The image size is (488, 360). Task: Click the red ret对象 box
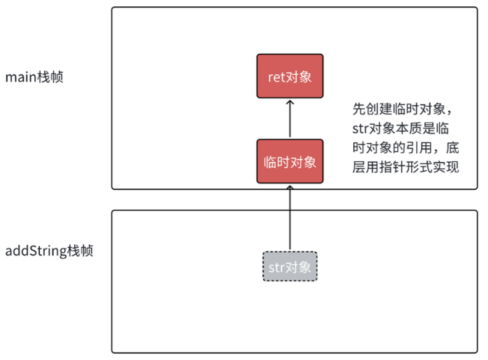(290, 76)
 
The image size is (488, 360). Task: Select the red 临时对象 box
(290, 162)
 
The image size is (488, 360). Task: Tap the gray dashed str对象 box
(290, 267)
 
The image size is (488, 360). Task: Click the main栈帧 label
(34, 77)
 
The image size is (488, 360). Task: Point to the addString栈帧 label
(49, 250)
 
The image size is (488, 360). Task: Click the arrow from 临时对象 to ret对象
(290, 120)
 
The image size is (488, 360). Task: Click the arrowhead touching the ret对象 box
(290, 103)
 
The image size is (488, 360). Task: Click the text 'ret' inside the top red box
(276, 77)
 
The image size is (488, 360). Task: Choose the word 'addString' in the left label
(36, 250)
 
